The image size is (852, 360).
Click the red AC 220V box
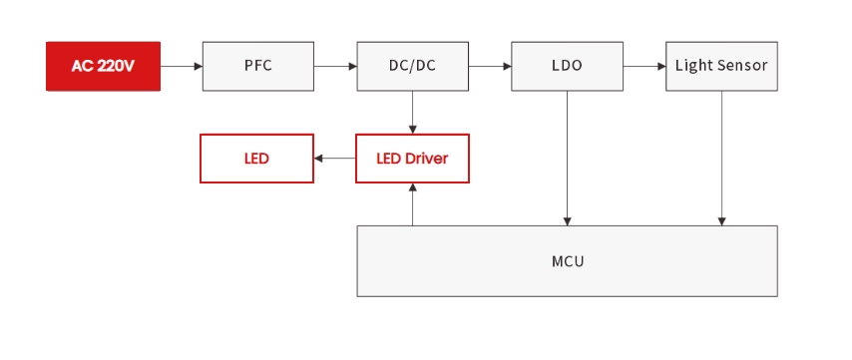point(103,66)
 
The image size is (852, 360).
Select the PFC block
point(257,66)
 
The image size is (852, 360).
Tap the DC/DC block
point(412,66)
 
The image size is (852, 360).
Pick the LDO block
point(567,66)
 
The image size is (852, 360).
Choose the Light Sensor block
point(721,66)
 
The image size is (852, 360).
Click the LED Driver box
point(412,159)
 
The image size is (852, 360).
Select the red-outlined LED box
point(256,159)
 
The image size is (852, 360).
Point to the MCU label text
point(567,262)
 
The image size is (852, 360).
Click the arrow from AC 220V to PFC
point(182,66)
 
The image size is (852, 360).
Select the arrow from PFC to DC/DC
point(335,66)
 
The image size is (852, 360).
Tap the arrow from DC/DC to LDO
point(490,66)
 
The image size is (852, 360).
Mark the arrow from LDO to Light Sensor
point(644,66)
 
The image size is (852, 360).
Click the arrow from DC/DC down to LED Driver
point(412,113)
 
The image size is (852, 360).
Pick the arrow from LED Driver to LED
point(335,159)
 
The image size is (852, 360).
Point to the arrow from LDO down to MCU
point(567,160)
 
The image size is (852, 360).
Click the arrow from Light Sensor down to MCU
point(721,160)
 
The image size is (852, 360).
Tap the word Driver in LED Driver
point(427,159)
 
